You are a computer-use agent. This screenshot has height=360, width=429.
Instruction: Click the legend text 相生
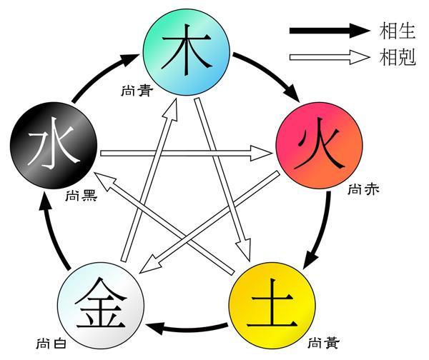399,31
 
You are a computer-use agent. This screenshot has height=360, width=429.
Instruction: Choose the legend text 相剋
399,57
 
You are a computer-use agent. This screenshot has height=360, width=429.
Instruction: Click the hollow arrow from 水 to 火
186,151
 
